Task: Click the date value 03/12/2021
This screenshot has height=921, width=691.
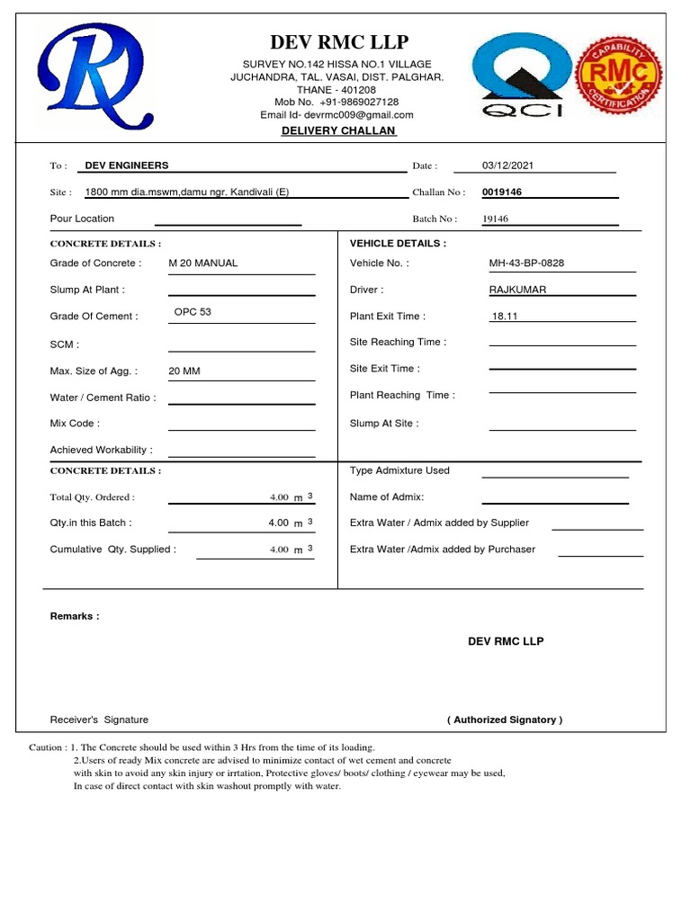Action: (508, 165)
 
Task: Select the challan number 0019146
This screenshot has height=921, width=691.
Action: (502, 192)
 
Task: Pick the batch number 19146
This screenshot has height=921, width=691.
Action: (496, 219)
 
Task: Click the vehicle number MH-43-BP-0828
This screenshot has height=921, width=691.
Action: (526, 264)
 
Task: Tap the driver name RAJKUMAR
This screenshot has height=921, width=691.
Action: (517, 290)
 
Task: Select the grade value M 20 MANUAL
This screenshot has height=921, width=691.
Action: (203, 264)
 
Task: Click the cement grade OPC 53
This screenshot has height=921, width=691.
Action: (193, 312)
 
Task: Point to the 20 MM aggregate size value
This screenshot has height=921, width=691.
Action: (184, 371)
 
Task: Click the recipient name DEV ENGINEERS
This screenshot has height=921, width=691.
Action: (127, 165)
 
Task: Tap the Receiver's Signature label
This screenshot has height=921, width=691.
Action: (99, 720)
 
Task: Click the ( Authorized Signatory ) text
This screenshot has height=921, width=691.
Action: (505, 720)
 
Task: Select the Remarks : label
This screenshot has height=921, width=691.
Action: (75, 616)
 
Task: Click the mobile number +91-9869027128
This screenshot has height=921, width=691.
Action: (357, 103)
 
